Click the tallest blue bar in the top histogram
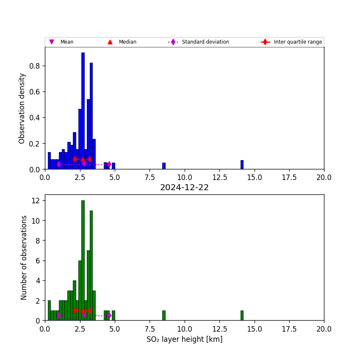click(x=83, y=110)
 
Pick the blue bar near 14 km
click(x=242, y=165)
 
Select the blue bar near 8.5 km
click(x=164, y=166)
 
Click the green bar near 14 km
click(x=242, y=316)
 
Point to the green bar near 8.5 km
click(x=164, y=316)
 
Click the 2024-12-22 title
click(x=184, y=188)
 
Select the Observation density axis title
click(x=22, y=108)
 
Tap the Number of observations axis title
click(x=24, y=258)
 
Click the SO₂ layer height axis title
click(x=184, y=339)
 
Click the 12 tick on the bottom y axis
click(x=37, y=201)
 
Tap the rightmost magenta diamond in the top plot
click(x=109, y=164)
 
